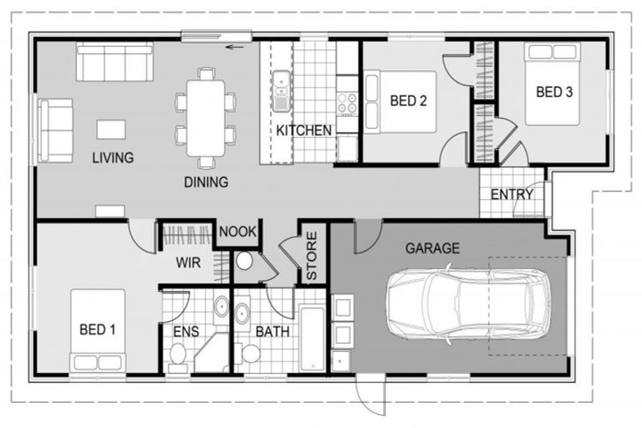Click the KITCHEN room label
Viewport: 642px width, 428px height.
point(303,130)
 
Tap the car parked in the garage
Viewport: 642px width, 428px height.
point(469,303)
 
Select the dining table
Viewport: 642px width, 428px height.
point(206,119)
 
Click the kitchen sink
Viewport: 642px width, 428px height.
point(281,90)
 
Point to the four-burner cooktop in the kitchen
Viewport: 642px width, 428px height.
point(347,103)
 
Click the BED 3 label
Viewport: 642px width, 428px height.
point(554,92)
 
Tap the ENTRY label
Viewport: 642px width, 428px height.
point(512,194)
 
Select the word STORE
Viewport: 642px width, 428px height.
point(312,256)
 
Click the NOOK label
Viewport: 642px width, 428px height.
point(237,232)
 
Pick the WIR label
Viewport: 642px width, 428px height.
point(188,262)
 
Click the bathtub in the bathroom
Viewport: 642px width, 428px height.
point(313,339)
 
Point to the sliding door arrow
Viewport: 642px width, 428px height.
point(235,47)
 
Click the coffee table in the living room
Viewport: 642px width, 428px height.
point(111,130)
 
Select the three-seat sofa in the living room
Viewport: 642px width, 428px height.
point(115,62)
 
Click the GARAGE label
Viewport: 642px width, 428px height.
point(432,248)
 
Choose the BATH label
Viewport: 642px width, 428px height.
point(273,331)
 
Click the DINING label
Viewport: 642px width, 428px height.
point(206,182)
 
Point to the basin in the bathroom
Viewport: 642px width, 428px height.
point(242,313)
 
